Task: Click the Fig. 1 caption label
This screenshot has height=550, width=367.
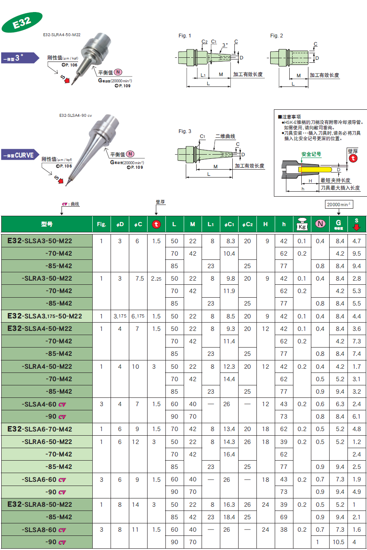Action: point(185,36)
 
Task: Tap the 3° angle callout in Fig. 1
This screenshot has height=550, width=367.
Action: point(224,44)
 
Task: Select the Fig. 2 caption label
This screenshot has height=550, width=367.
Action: point(276,36)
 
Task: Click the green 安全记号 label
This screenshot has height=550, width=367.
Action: point(311,154)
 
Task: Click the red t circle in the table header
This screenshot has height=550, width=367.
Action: point(156,224)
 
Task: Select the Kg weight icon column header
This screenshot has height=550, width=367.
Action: point(302,224)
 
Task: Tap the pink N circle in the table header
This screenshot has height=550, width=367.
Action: point(320,224)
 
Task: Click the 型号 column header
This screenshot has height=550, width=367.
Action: point(47,224)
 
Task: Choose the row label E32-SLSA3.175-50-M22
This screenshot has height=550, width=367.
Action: point(46,316)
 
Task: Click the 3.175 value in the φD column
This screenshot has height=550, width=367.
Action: point(120,316)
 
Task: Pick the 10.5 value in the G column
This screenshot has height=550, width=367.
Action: point(339,542)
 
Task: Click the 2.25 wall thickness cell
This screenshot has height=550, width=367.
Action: point(156,279)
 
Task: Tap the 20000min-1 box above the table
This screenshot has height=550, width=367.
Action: point(339,204)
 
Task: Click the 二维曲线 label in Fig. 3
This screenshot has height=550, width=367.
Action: point(225,136)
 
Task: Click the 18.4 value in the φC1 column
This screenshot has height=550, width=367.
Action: point(229,517)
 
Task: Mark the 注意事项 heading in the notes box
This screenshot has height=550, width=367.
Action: point(291,117)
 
